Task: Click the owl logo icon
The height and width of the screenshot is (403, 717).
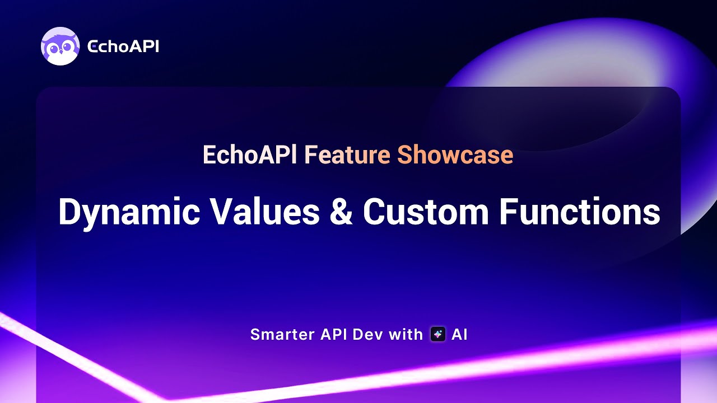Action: pos(60,46)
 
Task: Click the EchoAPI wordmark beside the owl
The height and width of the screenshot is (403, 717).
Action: pos(123,47)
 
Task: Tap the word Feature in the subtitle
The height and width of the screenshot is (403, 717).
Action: pos(347,155)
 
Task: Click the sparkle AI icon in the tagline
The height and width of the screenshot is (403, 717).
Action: pos(437,335)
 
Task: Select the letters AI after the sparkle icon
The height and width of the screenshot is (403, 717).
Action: pos(459,335)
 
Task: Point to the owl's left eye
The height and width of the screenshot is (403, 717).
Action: pos(54,49)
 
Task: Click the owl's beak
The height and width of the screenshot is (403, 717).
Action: pos(60,53)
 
